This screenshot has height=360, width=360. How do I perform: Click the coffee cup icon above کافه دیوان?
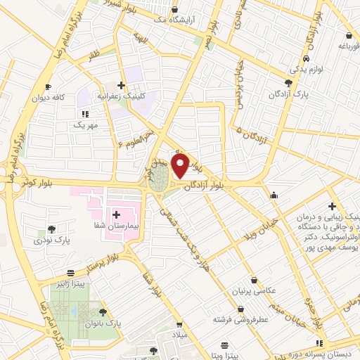click(48, 87)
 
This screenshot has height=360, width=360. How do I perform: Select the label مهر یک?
click(85, 124)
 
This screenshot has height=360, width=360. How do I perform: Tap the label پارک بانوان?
click(103, 322)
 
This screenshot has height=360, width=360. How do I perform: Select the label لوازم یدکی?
click(307, 69)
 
